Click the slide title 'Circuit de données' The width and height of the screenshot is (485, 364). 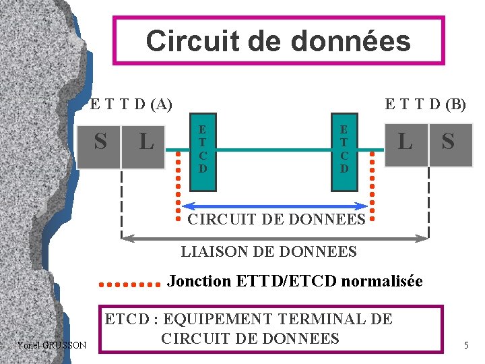click(278, 41)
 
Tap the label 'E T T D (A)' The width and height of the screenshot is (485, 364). click(131, 104)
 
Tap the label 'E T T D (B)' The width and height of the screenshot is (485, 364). click(425, 104)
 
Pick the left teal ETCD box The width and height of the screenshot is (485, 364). click(203, 149)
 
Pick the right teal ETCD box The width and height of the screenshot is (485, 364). click(344, 149)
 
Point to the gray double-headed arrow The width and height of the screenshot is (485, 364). click(276, 237)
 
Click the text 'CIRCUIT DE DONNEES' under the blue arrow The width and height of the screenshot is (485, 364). click(276, 219)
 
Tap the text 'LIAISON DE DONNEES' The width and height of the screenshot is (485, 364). click(269, 252)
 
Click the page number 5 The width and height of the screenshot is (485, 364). click(465, 346)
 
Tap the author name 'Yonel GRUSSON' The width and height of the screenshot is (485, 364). click(53, 345)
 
